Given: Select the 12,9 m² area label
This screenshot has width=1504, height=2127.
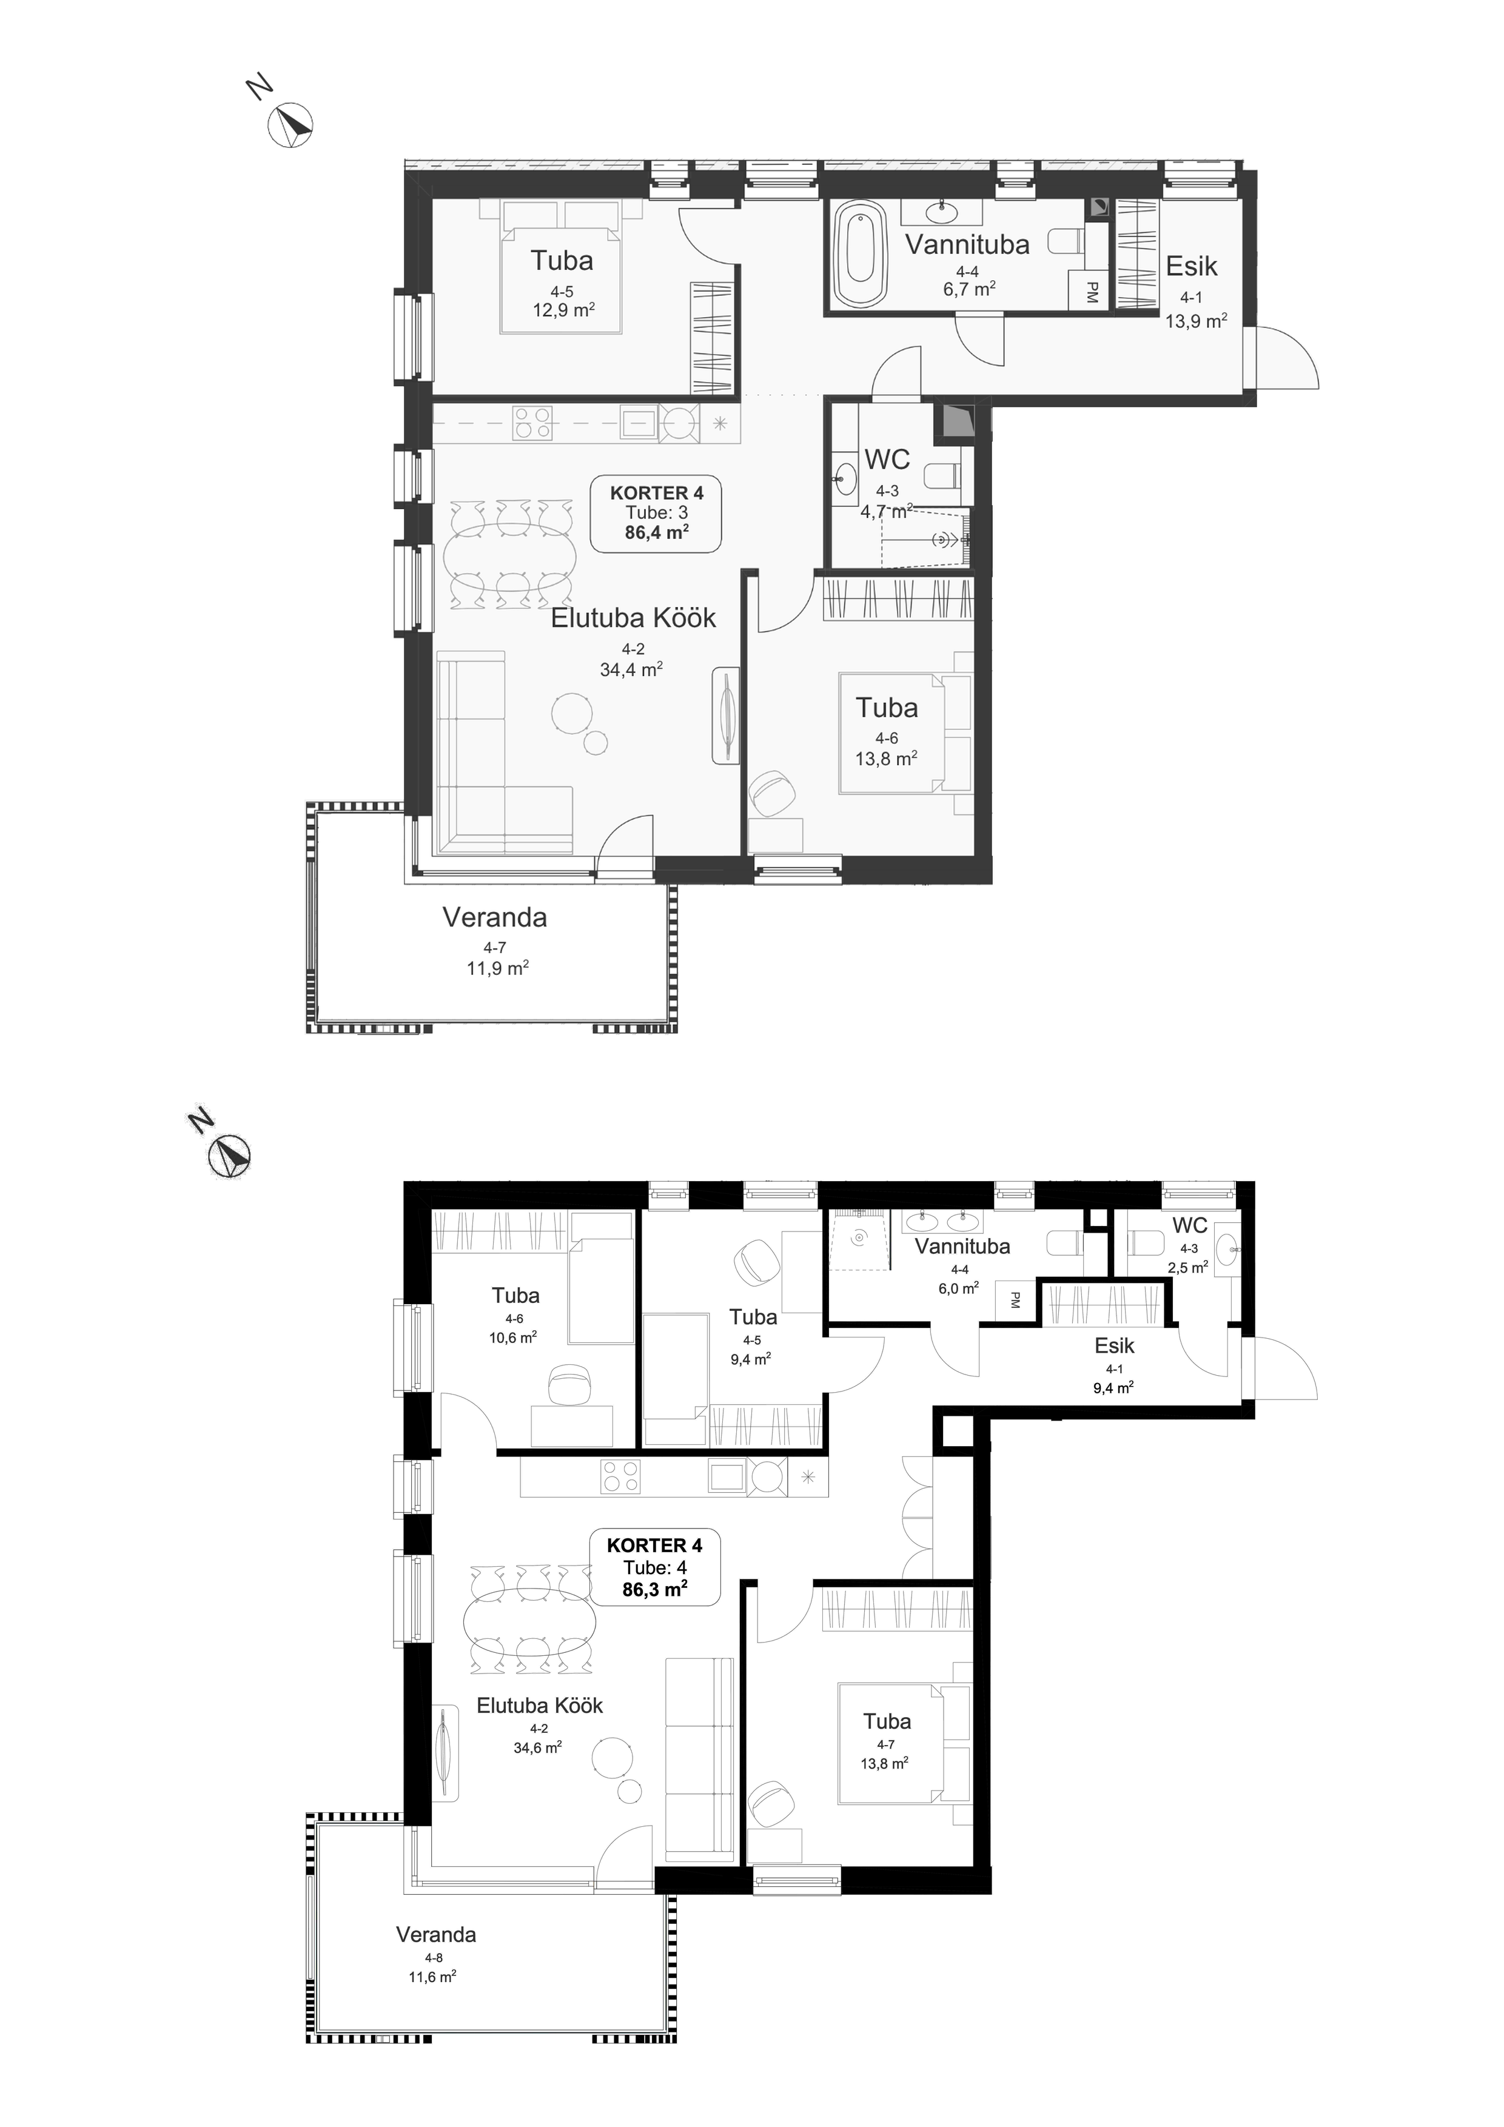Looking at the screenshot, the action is pos(563,309).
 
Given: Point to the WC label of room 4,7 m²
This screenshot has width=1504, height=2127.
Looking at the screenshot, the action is pos(887,460).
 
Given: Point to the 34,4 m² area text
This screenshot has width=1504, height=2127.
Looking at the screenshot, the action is pos(631,669).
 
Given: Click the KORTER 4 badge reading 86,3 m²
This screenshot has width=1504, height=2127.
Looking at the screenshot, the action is pos(655,1567).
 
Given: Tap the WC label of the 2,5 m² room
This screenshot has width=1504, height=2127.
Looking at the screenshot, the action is pos(1190,1225).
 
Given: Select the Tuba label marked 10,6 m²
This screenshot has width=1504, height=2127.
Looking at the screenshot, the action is pos(515,1296).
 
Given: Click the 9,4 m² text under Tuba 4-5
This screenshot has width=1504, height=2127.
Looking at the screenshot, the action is pos(751,1359).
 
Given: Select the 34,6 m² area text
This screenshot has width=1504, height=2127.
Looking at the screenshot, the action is pos(537,1748).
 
